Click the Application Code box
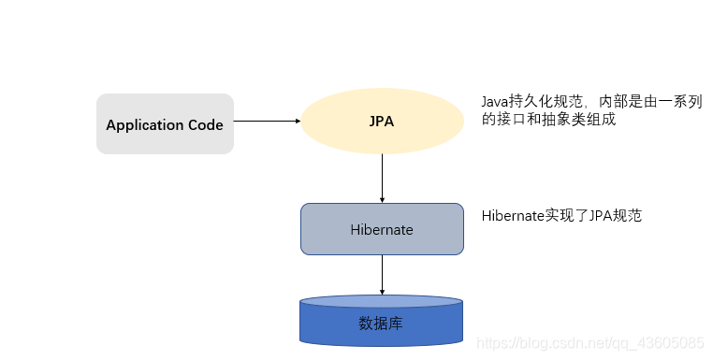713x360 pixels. coord(165,123)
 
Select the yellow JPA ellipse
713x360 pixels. coord(382,122)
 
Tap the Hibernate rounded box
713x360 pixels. coord(382,229)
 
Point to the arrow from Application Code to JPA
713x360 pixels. coord(266,121)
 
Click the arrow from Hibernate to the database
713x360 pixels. coord(382,276)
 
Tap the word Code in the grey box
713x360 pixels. coord(206,124)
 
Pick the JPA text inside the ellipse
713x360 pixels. coord(382,122)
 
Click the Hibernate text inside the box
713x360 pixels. coord(382,229)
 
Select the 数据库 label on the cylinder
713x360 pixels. coord(382,324)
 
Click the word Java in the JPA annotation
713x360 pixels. coord(495,101)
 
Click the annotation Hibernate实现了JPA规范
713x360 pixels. coord(561,215)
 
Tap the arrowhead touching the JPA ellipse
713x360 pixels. coord(295,121)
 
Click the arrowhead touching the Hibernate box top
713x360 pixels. coord(382,198)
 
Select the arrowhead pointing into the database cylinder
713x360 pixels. coord(382,292)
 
